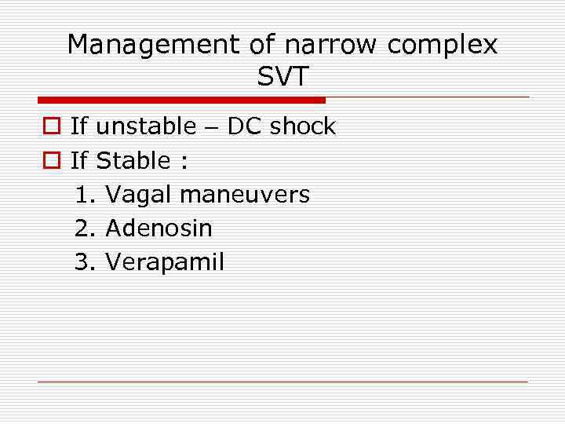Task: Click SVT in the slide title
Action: (x=282, y=77)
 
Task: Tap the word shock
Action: (x=302, y=126)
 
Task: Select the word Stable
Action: (x=133, y=161)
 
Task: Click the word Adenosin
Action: (x=159, y=228)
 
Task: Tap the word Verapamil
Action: (x=164, y=262)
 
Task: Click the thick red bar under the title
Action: (x=181, y=101)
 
